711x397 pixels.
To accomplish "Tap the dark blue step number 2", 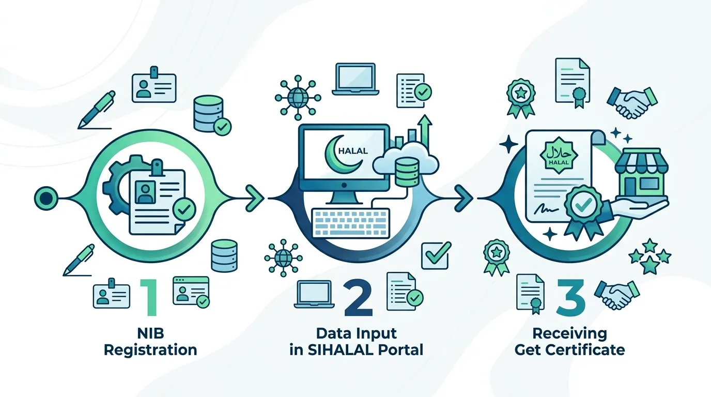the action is click(x=359, y=298).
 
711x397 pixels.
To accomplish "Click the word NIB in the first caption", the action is click(x=151, y=333).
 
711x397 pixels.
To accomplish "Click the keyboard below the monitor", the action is click(x=351, y=223).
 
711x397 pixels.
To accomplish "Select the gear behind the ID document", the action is click(x=117, y=187).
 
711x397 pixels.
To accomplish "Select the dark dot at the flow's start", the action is click(x=46, y=198).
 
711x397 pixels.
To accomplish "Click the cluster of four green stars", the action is click(x=650, y=256).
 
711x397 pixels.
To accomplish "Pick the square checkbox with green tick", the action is click(x=436, y=256).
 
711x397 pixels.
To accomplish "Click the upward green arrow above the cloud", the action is click(x=425, y=133).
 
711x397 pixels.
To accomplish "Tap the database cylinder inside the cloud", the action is click(x=407, y=172).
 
